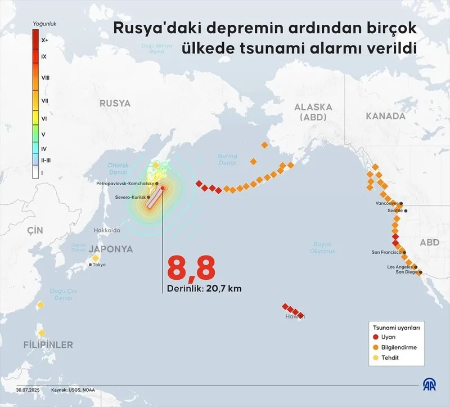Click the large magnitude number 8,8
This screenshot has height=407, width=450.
coord(191,269)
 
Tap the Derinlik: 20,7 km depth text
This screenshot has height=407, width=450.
coord(204,289)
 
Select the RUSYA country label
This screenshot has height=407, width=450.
coord(115,104)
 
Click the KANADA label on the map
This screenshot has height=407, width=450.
coord(385,116)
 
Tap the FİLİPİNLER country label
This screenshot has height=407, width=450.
coord(48,345)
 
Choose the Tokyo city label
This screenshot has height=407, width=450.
coord(99,265)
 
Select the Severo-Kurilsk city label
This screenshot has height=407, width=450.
coord(130,198)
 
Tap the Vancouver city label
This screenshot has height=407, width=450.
coord(387,203)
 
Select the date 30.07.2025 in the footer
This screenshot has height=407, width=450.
coord(26,390)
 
